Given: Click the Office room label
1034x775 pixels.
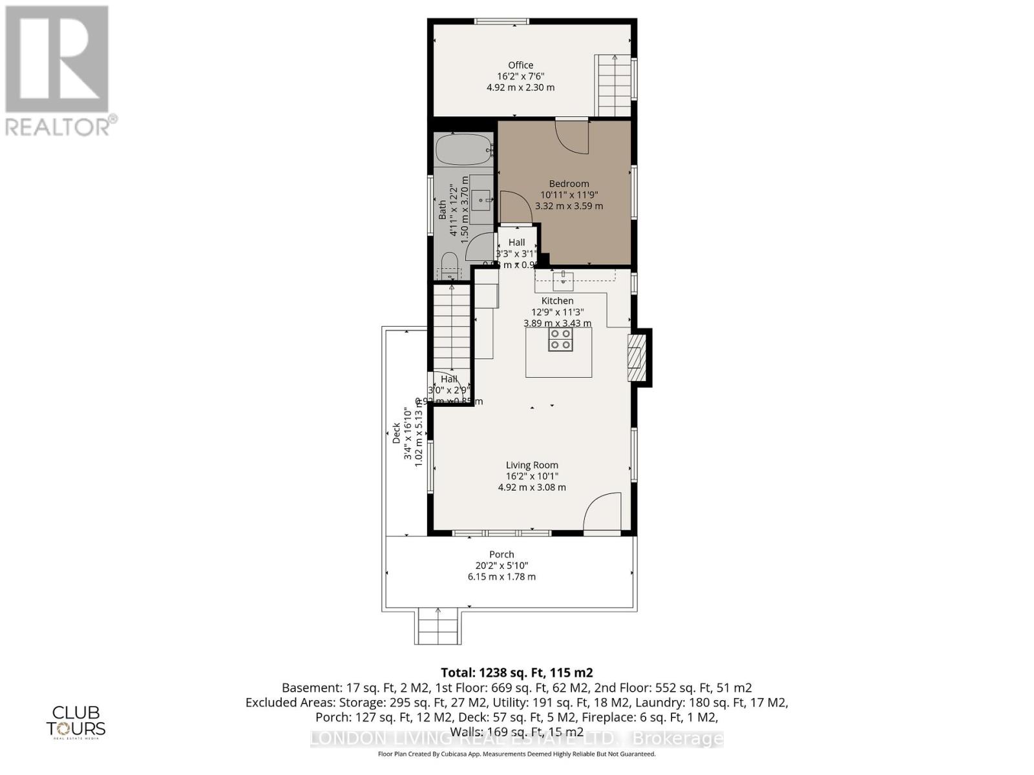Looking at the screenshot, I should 520,65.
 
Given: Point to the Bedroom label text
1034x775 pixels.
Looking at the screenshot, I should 569,183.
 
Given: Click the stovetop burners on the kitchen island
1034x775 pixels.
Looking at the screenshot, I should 560,339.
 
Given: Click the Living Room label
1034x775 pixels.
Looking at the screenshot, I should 532,465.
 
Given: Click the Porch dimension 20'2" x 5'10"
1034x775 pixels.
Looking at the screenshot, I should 501,566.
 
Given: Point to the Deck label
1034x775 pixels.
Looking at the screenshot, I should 396,433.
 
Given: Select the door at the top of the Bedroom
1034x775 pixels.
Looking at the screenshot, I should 573,136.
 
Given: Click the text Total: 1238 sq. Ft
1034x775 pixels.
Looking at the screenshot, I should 516,672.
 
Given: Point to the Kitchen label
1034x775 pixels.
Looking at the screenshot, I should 557,301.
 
